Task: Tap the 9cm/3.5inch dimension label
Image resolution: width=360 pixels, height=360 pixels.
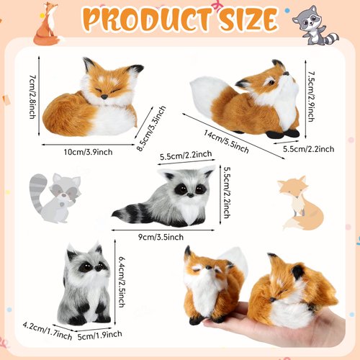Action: [x=164, y=234]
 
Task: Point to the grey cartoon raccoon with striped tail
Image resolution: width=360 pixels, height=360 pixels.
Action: [x=53, y=196]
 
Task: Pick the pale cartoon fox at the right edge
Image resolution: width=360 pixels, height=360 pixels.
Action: [x=295, y=204]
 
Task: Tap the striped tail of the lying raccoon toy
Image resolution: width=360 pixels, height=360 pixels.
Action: [x=130, y=212]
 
